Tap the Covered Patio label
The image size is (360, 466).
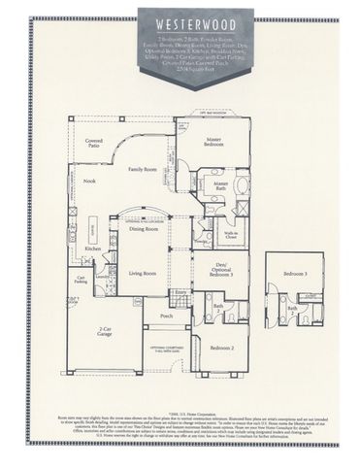pyautogui.click(x=93, y=143)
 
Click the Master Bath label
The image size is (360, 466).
pyautogui.click(x=221, y=185)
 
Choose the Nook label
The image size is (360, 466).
pyautogui.click(x=89, y=182)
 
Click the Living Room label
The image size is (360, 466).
pyautogui.click(x=144, y=274)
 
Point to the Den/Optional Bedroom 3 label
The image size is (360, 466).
pyautogui.click(x=220, y=266)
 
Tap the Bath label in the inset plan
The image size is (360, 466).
pyautogui.click(x=292, y=309)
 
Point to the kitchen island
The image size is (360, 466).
pyautogui.click(x=94, y=229)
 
